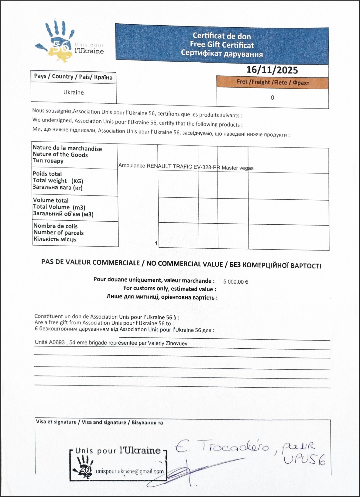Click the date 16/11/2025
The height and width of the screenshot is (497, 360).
(x=272, y=70)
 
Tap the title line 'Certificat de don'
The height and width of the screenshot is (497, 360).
(x=222, y=36)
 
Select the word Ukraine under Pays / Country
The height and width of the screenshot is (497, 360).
(x=74, y=92)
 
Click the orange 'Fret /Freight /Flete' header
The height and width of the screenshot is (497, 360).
(x=273, y=82)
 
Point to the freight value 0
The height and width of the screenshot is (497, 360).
(x=272, y=98)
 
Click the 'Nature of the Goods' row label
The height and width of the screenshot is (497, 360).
(x=60, y=154)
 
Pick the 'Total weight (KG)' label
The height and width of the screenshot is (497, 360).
(x=58, y=181)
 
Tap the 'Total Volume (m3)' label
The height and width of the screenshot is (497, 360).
(x=59, y=207)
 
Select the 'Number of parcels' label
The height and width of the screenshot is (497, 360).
(x=58, y=233)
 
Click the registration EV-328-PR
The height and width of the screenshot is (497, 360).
(x=207, y=167)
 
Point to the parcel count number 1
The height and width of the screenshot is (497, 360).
(x=156, y=243)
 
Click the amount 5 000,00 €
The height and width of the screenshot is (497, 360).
(x=236, y=282)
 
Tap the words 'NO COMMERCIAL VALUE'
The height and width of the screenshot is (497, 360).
(x=185, y=264)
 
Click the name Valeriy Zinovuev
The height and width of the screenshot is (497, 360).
(x=167, y=343)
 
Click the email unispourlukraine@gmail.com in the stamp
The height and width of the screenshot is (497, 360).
(x=130, y=471)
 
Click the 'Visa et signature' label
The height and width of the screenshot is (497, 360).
(x=56, y=422)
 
